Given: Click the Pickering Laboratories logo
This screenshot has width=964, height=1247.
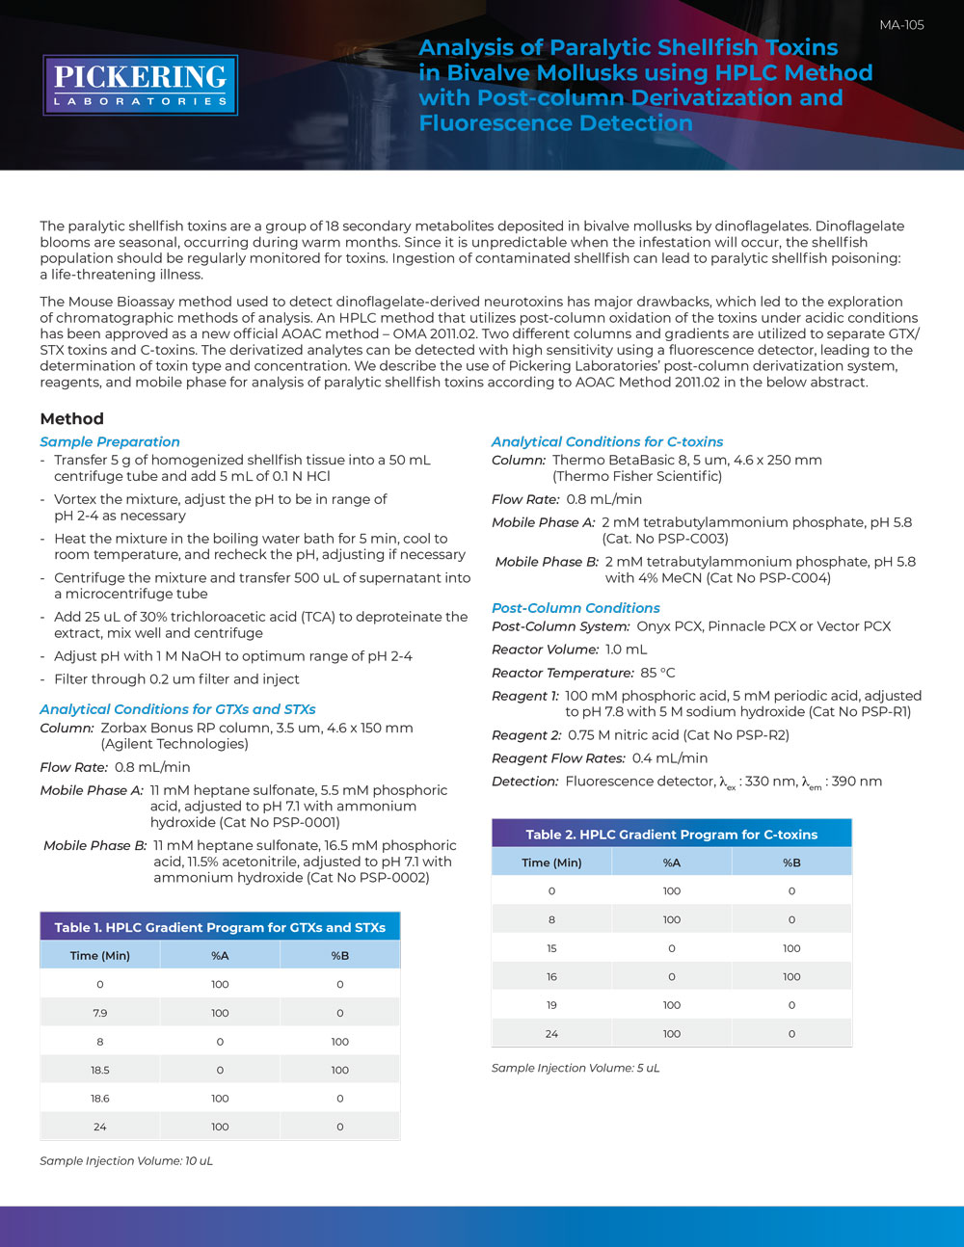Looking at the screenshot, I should pos(140,85).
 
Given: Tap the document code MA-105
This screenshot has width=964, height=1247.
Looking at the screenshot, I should pos(901,25).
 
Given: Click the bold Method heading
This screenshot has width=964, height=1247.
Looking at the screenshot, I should pos(71,419).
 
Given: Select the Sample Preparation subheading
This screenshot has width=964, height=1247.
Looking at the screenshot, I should pos(110,441).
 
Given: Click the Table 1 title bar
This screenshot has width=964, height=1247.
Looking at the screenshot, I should pos(220,927).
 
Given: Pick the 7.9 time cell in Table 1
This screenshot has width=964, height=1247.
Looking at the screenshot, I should pos(100,1013).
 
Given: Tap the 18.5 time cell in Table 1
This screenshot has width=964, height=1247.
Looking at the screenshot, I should pos(100,1070).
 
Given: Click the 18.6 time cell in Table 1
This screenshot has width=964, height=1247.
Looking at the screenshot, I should pos(100,1099).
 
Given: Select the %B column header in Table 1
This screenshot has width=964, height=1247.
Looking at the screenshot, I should pos(339,956).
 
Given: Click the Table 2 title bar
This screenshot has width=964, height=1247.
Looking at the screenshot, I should pos(671,835).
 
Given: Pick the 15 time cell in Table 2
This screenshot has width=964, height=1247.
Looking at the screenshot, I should pos(551,948).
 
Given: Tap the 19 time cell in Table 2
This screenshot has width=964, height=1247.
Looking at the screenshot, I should pos(551,1005).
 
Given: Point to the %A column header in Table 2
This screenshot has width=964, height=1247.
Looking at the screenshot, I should pos(672,862).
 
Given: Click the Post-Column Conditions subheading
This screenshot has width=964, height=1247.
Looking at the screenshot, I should pos(576,608).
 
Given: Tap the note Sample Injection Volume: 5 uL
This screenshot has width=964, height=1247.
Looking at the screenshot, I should pos(576,1068).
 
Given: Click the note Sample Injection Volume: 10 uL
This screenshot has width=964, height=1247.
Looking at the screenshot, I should pos(126,1161).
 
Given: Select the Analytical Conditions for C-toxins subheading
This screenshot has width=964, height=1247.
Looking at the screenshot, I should pos(607,441).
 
